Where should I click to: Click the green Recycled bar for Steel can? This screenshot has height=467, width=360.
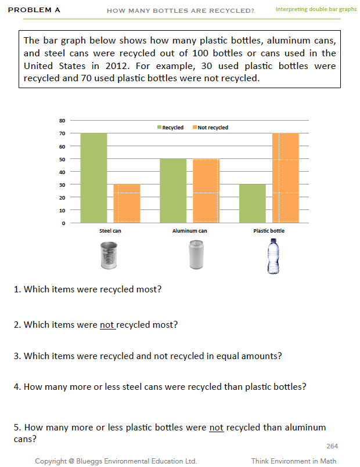pyautogui.click(x=93, y=178)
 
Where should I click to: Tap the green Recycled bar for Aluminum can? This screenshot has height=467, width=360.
pyautogui.click(x=173, y=191)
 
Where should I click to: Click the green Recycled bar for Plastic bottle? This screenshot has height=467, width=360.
pyautogui.click(x=252, y=204)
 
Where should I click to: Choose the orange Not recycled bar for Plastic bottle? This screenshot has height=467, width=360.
pyautogui.click(x=285, y=178)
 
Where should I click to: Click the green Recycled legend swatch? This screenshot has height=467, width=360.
pyautogui.click(x=160, y=128)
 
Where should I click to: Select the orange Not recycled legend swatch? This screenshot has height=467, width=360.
pyautogui.click(x=195, y=128)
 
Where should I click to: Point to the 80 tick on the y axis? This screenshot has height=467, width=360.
pyautogui.click(x=62, y=121)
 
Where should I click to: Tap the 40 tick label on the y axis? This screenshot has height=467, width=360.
pyautogui.click(x=62, y=172)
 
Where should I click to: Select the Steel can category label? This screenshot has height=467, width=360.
pyautogui.click(x=110, y=231)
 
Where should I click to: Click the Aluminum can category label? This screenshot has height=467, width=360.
pyautogui.click(x=189, y=231)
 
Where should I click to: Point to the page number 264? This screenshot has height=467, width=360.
pyautogui.click(x=332, y=446)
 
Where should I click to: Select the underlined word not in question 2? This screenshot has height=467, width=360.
pyautogui.click(x=107, y=325)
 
